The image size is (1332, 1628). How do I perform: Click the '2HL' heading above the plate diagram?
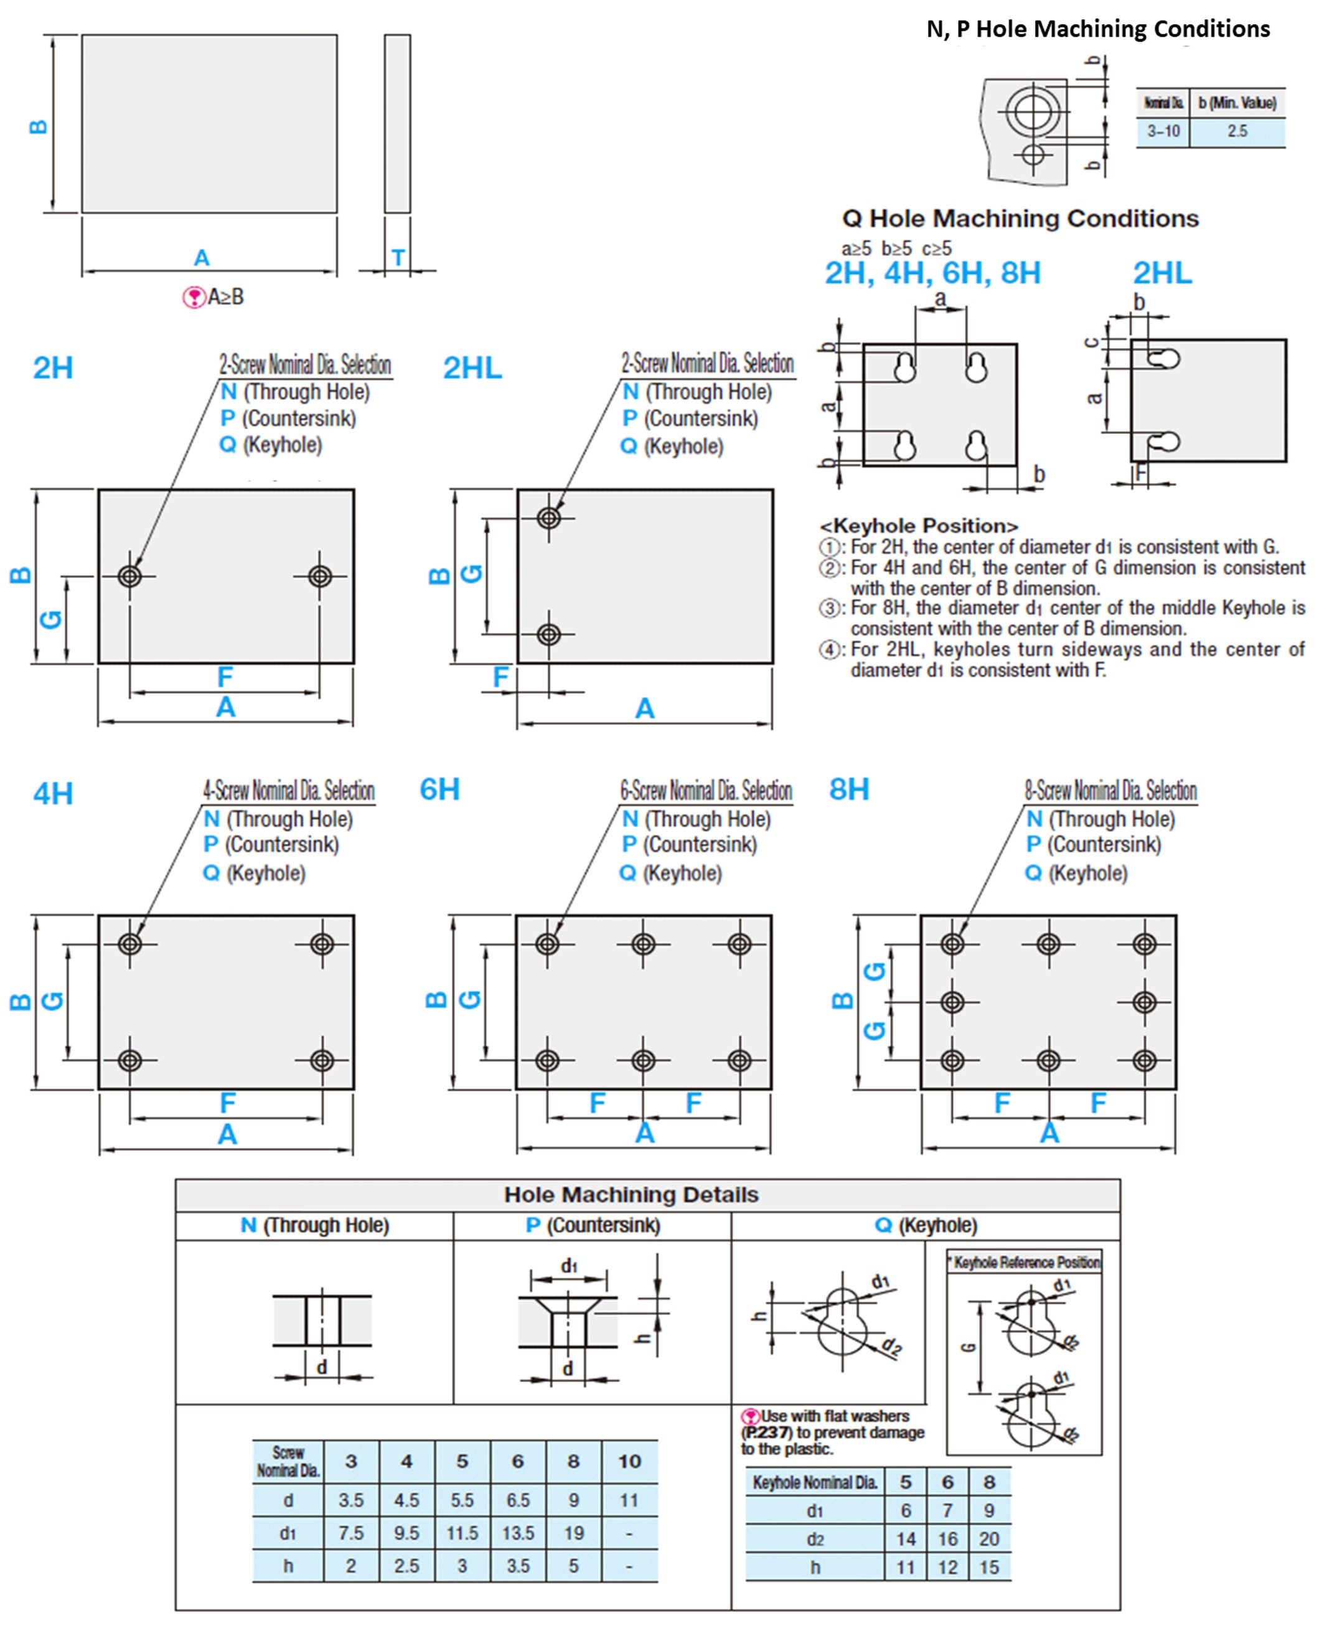click(472, 369)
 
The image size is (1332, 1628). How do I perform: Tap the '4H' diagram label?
click(53, 794)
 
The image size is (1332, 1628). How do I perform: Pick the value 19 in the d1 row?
click(573, 1533)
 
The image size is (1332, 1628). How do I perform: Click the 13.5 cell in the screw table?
click(518, 1533)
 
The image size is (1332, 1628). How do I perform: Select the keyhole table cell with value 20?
click(989, 1539)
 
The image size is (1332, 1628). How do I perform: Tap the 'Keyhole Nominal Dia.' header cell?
click(814, 1482)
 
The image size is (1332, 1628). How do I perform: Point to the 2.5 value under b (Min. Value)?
click(1237, 131)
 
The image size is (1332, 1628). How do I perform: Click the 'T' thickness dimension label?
click(398, 258)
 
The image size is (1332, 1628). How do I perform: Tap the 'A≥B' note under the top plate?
click(225, 297)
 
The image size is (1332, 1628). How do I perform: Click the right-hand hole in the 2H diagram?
click(320, 576)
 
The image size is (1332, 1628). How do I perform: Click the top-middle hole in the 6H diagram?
click(643, 943)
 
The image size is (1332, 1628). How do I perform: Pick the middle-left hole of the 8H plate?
click(952, 1002)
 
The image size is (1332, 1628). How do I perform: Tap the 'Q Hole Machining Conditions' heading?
click(1020, 219)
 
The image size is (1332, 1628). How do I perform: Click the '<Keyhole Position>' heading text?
click(919, 526)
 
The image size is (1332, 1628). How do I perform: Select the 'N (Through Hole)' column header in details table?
click(314, 1225)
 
